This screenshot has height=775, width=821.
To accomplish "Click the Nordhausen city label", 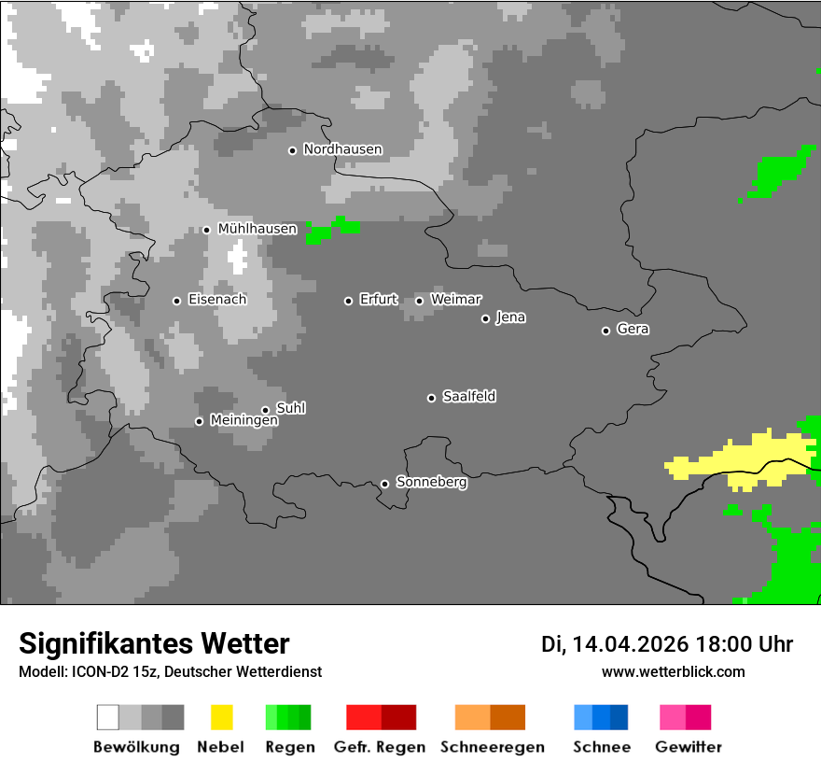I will click(342, 149).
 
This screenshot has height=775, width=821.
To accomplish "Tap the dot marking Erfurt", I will click(348, 301).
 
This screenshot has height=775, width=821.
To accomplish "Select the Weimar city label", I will click(455, 300).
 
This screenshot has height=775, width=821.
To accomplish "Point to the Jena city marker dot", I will click(485, 318).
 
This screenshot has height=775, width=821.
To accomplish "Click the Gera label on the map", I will click(633, 330).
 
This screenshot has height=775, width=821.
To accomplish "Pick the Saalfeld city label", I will click(468, 397).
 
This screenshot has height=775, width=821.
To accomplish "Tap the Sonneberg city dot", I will click(384, 484).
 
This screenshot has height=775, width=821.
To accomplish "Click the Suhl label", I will click(290, 408).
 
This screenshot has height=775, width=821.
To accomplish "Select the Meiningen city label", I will click(244, 421).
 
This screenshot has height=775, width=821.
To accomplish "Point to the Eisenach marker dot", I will click(176, 301).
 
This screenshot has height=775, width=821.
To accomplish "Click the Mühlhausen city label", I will click(257, 229).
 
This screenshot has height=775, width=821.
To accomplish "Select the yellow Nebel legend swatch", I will click(222, 717).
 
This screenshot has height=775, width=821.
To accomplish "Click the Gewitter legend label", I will click(689, 747).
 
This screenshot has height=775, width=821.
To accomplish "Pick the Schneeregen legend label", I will click(493, 747).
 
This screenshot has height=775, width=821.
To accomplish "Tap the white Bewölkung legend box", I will click(108, 717).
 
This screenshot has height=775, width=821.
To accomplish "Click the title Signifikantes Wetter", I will click(154, 644).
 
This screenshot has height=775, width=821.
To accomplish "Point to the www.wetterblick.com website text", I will click(673, 671).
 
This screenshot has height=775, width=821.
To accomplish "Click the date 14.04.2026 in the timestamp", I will click(630, 644).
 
